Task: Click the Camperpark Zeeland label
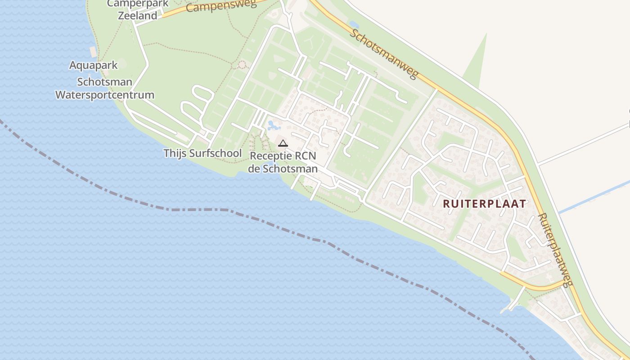pos(137,9)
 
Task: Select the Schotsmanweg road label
pos(384,54)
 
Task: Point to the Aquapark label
pos(93,65)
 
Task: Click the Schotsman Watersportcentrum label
pos(105,89)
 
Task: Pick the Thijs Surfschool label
pos(202,153)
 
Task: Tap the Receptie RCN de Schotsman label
pos(283,162)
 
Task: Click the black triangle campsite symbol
pos(283,144)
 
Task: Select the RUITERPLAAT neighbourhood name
pos(484,203)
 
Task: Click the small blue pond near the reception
pos(272,125)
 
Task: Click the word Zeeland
pos(137,16)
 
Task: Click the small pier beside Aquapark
pos(93,52)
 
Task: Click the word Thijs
pos(175,153)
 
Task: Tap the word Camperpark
pos(137,4)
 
